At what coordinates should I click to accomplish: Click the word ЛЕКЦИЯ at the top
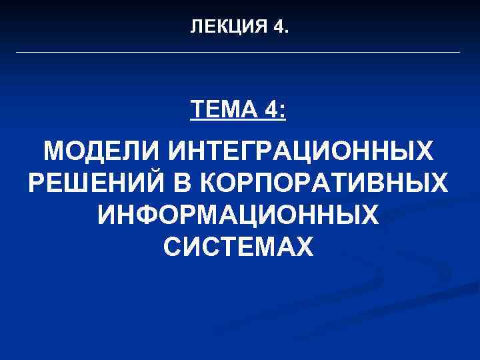click(x=229, y=27)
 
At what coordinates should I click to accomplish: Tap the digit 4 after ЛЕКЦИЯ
click(x=279, y=27)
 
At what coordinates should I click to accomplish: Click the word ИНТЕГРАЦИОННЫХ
click(x=300, y=153)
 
